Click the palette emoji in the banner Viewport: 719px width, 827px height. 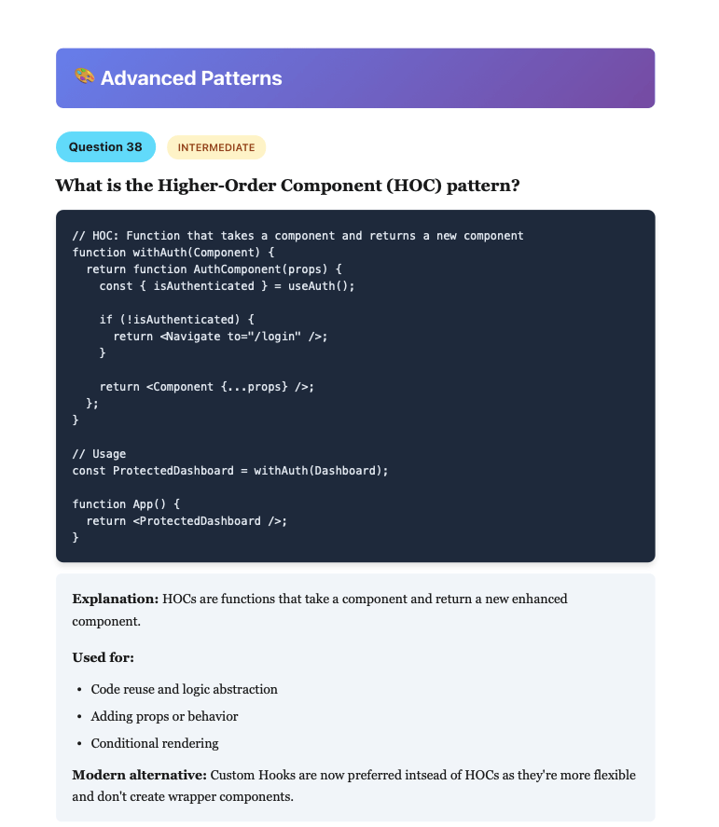click(85, 76)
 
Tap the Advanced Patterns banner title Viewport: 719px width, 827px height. click(191, 78)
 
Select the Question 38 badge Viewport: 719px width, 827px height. click(105, 146)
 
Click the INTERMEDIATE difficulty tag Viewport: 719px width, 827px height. click(216, 147)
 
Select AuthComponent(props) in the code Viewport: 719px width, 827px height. click(260, 269)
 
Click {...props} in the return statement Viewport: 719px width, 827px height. click(255, 387)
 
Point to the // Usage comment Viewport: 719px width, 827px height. click(99, 454)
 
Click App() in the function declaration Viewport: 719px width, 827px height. click(149, 504)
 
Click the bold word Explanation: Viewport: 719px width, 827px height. click(116, 600)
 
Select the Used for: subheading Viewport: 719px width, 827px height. click(104, 657)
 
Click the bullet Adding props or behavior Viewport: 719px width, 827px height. click(164, 716)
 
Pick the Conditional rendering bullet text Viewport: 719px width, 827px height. click(155, 743)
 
